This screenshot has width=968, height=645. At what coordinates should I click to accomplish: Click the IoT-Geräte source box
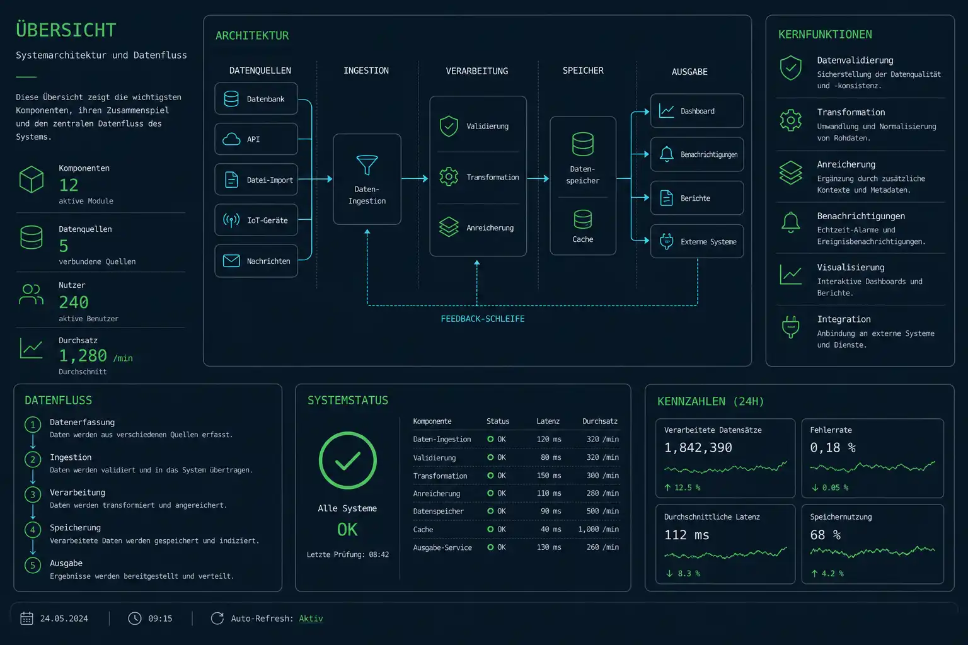[256, 220]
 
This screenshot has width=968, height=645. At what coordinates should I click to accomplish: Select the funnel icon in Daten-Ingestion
[367, 164]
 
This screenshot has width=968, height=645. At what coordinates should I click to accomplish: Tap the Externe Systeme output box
[697, 241]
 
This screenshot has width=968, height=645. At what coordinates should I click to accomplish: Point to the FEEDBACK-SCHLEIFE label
[483, 319]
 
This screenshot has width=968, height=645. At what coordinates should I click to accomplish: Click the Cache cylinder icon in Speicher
[582, 219]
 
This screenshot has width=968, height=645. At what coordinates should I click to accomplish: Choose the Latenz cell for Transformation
[548, 476]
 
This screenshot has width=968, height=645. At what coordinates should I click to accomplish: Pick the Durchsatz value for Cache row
[599, 529]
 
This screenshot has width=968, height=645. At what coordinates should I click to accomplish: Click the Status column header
[498, 421]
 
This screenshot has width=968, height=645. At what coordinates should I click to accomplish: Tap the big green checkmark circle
[348, 460]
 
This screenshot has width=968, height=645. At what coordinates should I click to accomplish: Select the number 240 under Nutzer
[74, 302]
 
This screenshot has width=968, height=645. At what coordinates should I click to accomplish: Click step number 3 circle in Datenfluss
[33, 494]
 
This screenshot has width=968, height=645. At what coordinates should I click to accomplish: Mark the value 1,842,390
[698, 448]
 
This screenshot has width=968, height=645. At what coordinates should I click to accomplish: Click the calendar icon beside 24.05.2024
[27, 618]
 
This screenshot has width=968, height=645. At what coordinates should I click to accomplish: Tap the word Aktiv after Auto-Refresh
[311, 619]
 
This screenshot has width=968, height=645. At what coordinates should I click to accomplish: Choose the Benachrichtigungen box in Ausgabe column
[697, 154]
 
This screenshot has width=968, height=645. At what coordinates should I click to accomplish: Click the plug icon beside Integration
[791, 327]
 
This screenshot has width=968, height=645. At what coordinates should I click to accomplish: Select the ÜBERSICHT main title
[66, 30]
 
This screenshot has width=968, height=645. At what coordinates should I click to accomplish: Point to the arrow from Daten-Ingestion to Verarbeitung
[415, 178]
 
